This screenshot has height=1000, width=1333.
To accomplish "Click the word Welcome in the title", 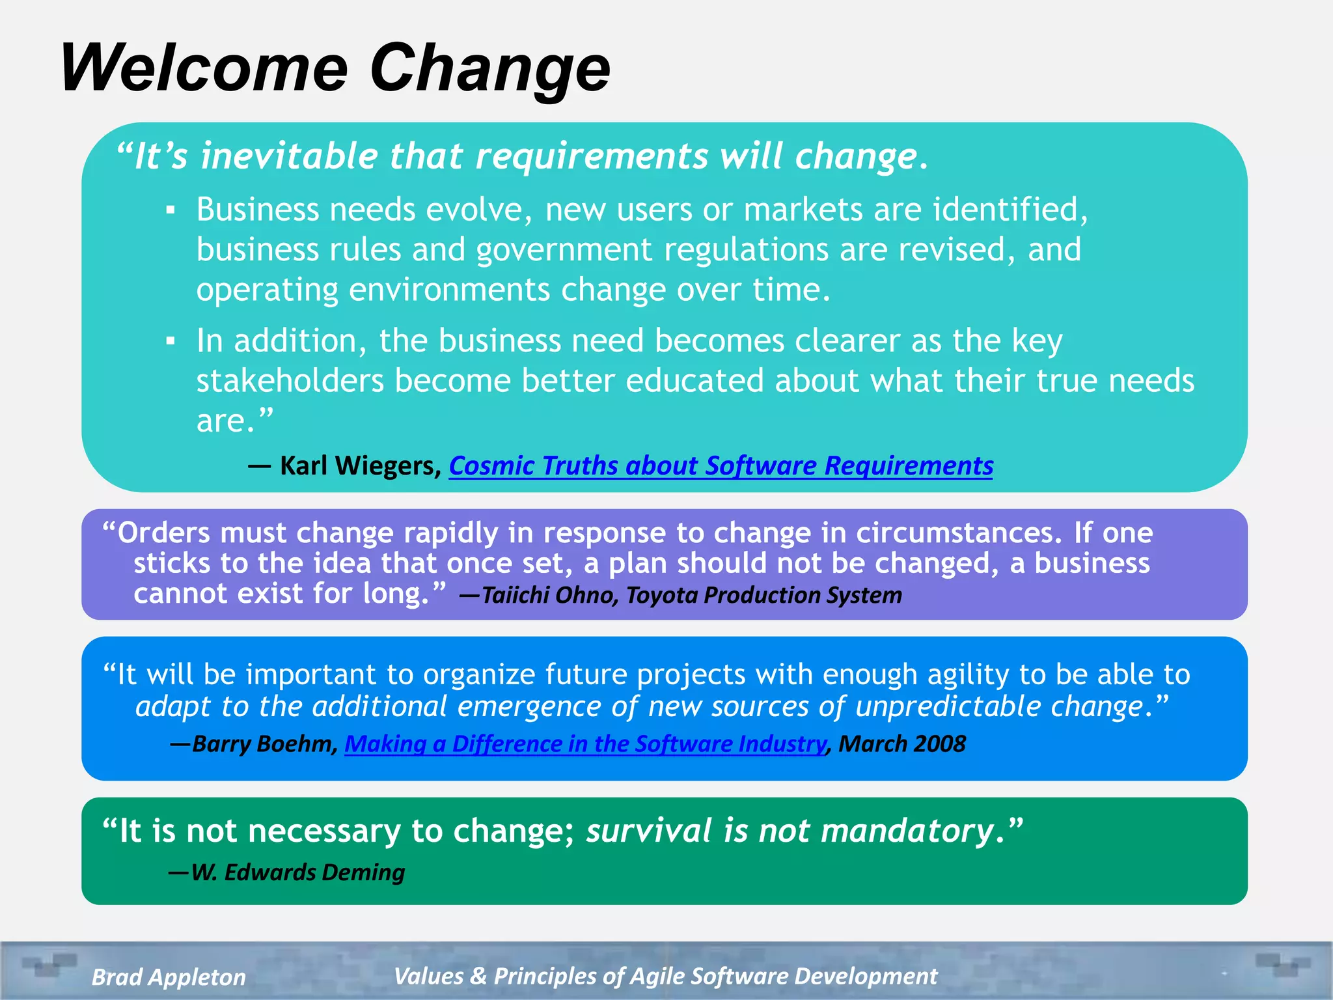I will click(204, 68).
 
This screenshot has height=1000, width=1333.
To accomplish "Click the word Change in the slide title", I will click(489, 68).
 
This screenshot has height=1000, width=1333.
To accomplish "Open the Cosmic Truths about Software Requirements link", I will click(721, 465).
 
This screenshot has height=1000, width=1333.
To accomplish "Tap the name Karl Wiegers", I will click(360, 465).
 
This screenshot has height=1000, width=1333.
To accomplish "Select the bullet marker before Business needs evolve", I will click(171, 210).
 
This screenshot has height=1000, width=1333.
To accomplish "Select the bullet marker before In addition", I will click(171, 341).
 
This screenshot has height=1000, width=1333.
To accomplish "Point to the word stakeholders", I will click(290, 381).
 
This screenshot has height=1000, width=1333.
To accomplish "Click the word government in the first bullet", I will click(564, 250).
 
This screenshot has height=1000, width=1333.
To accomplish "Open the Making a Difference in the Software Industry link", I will click(585, 743).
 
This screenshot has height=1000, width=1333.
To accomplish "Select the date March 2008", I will click(901, 743).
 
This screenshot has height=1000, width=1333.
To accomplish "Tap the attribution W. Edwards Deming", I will click(297, 872).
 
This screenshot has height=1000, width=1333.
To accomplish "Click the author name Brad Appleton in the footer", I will click(169, 977).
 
